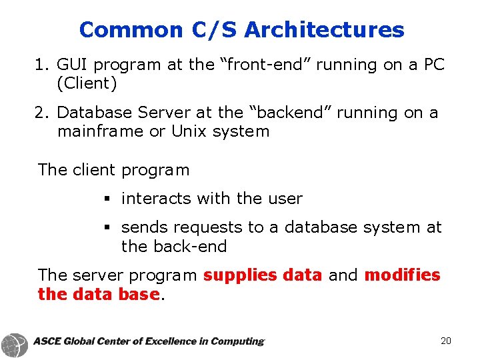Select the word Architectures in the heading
click(x=324, y=30)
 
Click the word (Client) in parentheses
click(x=87, y=84)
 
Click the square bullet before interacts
click(x=107, y=199)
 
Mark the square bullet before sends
click(x=107, y=228)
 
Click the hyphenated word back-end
click(x=174, y=247)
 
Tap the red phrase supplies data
click(x=263, y=275)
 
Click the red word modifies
click(x=402, y=275)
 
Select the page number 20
click(x=446, y=341)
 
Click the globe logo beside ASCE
click(x=15, y=345)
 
